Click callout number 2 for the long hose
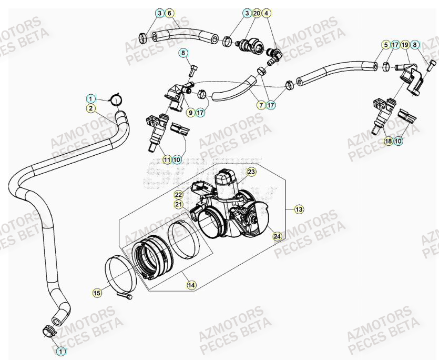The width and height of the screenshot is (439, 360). pyautogui.click(x=90, y=108)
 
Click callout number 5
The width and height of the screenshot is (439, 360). pyautogui.click(x=385, y=45)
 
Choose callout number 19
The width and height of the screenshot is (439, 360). pyautogui.click(x=405, y=45)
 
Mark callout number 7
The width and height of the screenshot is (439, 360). pyautogui.click(x=260, y=105)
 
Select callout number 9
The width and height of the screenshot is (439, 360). pyautogui.click(x=191, y=112)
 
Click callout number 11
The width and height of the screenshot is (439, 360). pyautogui.click(x=167, y=159)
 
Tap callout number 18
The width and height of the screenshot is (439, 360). pyautogui.click(x=388, y=141)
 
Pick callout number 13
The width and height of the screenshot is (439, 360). pyautogui.click(x=299, y=209)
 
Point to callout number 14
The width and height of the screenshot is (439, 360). pyautogui.click(x=191, y=285)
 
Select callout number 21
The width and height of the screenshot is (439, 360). pyautogui.click(x=178, y=204)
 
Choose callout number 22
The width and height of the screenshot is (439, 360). pyautogui.click(x=178, y=195)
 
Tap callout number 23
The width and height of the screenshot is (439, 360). pyautogui.click(x=251, y=172)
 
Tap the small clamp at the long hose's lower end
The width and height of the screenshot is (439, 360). pyautogui.click(x=48, y=332)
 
